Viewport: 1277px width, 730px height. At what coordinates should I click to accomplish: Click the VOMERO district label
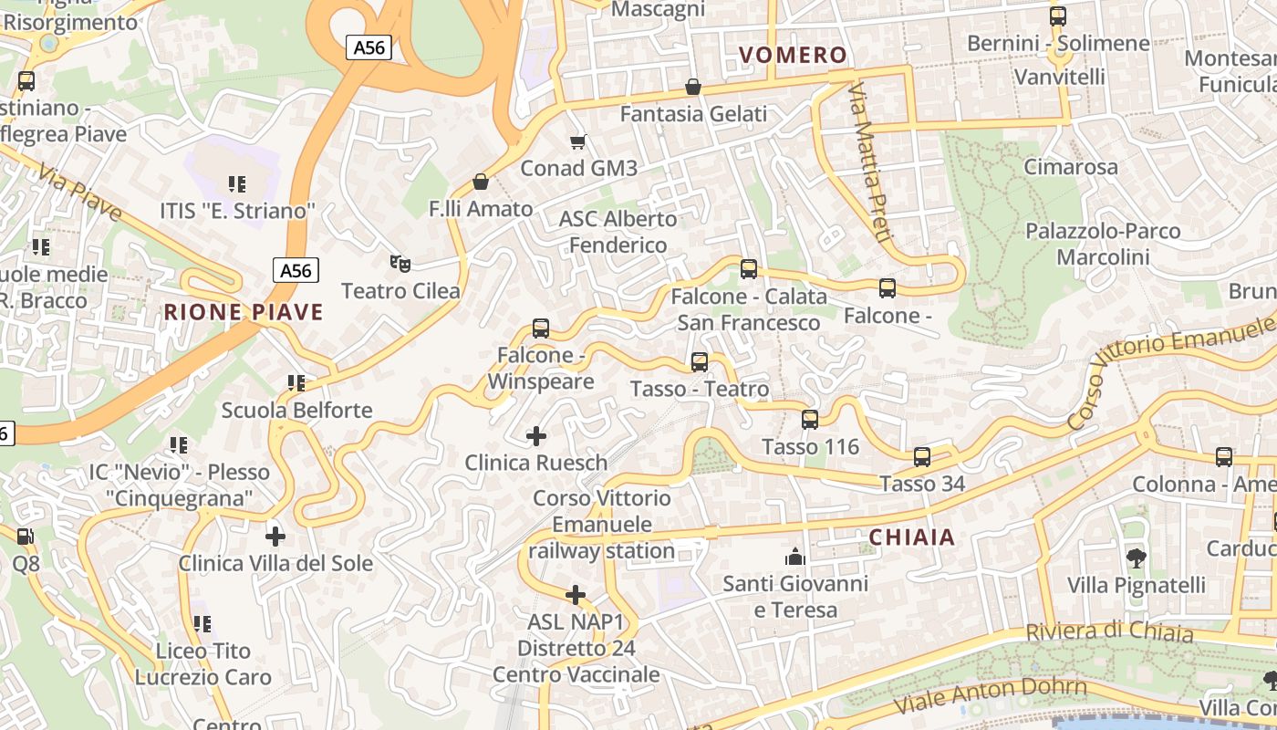coord(793,55)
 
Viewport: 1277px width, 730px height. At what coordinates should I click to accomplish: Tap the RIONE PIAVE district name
coord(244,312)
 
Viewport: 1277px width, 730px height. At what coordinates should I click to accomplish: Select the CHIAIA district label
coord(912,537)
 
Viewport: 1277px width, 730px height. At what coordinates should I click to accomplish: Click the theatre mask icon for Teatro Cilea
coord(400,264)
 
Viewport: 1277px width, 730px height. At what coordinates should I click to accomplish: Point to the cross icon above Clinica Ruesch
coord(536,436)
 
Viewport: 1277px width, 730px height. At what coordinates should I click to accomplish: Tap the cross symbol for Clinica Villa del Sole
coord(275,536)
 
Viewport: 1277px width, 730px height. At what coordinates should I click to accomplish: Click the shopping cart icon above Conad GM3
coord(577,141)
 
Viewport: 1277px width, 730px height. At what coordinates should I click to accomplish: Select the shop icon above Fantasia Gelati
coord(693,88)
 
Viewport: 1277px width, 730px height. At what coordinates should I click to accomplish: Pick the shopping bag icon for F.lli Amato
coord(481,182)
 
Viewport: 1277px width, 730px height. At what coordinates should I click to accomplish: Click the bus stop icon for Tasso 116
coord(810,420)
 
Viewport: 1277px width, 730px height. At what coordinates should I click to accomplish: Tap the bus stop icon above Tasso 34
coord(922,456)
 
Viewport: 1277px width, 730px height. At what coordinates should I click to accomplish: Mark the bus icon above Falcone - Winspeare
coord(541,328)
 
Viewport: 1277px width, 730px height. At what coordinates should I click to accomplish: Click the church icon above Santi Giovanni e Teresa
coord(795,556)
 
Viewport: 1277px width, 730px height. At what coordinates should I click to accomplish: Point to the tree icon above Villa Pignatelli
coord(1136,558)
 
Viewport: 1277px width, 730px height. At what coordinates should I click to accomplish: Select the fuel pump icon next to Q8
coord(26,537)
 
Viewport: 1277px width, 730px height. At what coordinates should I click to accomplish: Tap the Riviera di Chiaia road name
coord(1109,631)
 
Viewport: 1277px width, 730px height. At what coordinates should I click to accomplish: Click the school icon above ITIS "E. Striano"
coord(237,184)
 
